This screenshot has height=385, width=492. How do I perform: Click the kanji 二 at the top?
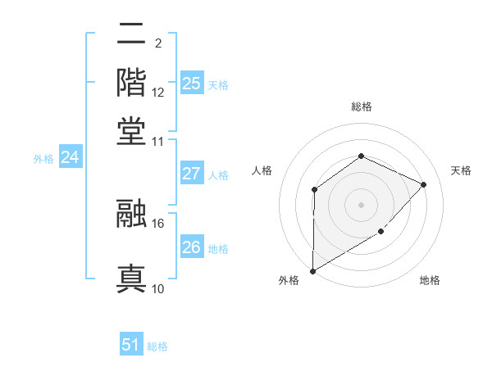coord(132,34)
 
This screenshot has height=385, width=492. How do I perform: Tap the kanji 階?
coord(132,83)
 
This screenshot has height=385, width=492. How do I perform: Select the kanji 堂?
coord(132,130)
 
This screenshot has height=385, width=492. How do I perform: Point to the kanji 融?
coord(132,213)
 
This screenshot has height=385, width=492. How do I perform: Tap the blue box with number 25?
coord(191,84)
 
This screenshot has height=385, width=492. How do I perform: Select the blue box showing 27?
coord(191,174)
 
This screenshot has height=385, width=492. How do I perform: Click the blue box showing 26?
coord(191,247)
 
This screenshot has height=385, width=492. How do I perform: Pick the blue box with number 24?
coord(70,157)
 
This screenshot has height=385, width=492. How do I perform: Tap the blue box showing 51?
coord(131,345)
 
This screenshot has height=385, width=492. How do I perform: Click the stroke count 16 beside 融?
coord(158,222)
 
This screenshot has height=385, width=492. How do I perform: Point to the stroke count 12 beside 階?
coord(158,92)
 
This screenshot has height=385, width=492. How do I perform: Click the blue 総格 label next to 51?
coord(157,346)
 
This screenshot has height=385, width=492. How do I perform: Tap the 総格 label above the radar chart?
coord(361,107)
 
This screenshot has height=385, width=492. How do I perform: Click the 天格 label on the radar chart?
coord(461,170)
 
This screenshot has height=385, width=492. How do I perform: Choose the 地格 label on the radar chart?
coord(430,281)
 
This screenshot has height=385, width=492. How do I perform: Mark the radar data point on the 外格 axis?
coord(312,271)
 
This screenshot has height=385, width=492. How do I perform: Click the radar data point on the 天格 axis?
coord(424,184)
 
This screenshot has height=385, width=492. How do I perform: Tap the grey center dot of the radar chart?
coord(361,205)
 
